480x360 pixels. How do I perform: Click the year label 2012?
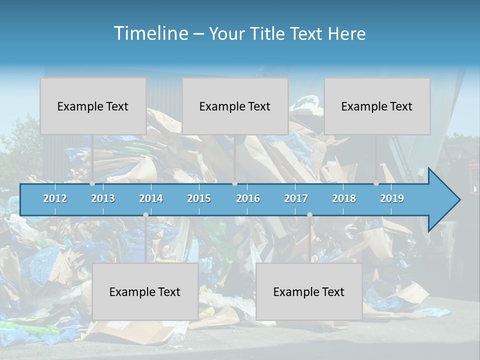55,198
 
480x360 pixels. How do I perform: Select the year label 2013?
103,198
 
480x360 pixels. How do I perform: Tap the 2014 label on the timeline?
151,198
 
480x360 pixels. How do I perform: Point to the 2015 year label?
199,198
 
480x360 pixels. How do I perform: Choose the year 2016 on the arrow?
248,198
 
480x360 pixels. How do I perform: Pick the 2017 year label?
296,198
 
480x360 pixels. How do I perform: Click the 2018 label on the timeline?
344,198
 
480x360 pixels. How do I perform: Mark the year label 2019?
392,198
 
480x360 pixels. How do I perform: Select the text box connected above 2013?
93,106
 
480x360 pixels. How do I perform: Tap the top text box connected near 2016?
235,106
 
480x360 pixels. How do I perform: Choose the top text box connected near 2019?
377,106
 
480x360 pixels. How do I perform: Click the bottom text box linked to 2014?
145,291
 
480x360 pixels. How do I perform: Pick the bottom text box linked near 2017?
309,291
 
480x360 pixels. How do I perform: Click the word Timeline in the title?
150,33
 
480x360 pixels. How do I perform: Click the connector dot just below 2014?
145,215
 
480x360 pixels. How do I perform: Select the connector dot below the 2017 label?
309,215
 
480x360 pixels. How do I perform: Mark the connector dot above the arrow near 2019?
376,183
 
